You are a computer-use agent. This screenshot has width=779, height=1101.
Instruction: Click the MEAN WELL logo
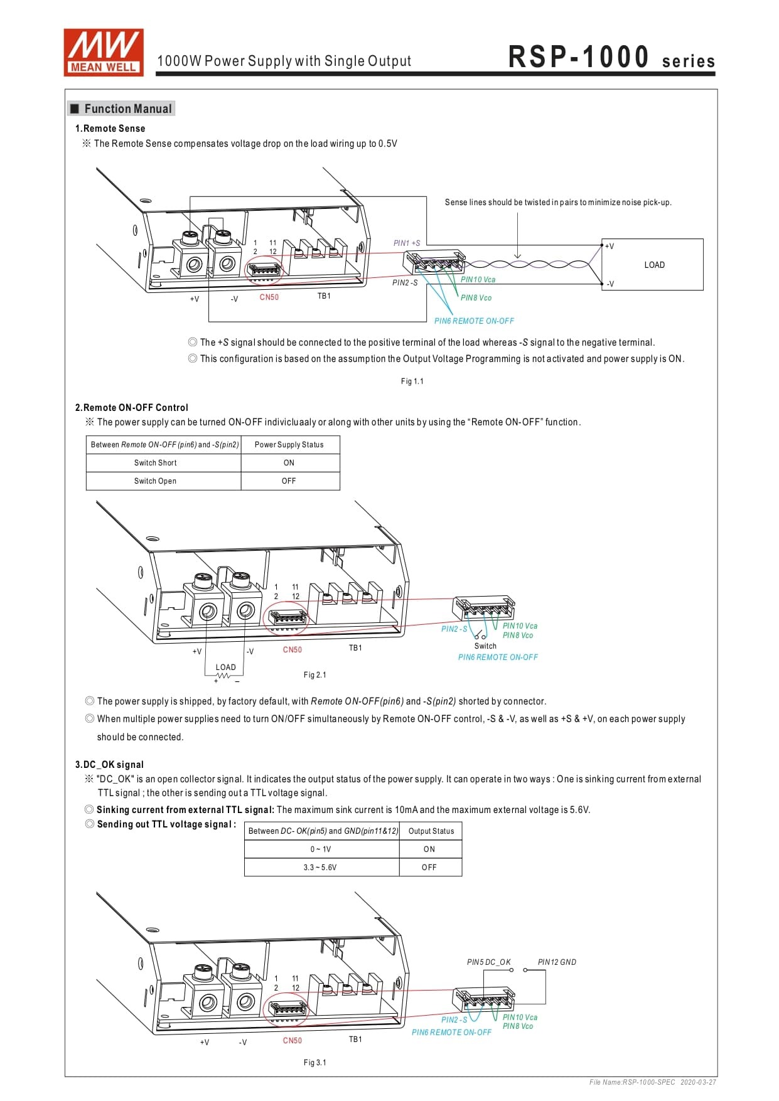pyautogui.click(x=104, y=53)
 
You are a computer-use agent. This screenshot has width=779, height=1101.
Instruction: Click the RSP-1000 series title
pyautogui.click(x=611, y=57)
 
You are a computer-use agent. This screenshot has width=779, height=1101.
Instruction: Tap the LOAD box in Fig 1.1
pyautogui.click(x=653, y=265)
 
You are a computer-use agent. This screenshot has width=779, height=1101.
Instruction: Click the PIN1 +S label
pyautogui.click(x=407, y=243)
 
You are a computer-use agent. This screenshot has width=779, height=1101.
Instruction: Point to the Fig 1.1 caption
pyautogui.click(x=412, y=381)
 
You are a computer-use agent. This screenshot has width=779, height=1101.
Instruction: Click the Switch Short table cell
pyautogui.click(x=155, y=463)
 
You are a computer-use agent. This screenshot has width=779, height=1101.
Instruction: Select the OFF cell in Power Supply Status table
pyautogui.click(x=289, y=481)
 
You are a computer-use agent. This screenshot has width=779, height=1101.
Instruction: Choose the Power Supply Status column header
pyautogui.click(x=289, y=445)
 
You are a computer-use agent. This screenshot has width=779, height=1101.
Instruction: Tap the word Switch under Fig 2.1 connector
pyautogui.click(x=485, y=646)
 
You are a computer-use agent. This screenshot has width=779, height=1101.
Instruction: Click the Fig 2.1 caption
pyautogui.click(x=314, y=675)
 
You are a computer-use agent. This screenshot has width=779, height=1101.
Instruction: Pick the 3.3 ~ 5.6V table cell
pyautogui.click(x=320, y=868)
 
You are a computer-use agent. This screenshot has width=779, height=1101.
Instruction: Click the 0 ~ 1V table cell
pyautogui.click(x=320, y=849)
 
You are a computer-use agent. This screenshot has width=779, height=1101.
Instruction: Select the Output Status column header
pyautogui.click(x=431, y=831)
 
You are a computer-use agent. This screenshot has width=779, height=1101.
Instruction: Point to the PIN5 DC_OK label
pyautogui.click(x=488, y=962)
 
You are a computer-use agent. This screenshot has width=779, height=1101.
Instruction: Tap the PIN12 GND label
pyautogui.click(x=557, y=962)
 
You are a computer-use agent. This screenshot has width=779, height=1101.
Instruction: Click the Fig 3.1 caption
pyautogui.click(x=314, y=1062)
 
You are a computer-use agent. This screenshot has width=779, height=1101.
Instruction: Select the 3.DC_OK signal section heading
pyautogui.click(x=109, y=764)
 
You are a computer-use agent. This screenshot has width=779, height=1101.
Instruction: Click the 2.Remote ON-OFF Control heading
pyautogui.click(x=131, y=407)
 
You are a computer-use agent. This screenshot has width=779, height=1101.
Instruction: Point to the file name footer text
pyautogui.click(x=652, y=1082)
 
